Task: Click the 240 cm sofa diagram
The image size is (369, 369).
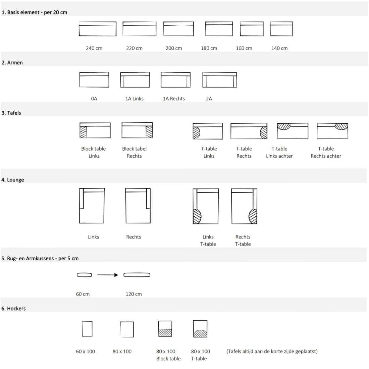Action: [x=97, y=29]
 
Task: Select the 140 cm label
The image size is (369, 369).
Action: [x=279, y=48]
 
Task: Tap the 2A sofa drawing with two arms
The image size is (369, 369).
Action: [x=220, y=80]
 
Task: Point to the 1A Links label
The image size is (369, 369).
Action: [x=135, y=99]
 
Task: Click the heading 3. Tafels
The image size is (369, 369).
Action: [x=11, y=113]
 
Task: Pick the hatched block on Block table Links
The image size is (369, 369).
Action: [x=83, y=132]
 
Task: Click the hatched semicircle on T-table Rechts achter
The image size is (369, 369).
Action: [x=341, y=126]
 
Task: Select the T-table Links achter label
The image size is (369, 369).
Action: [x=279, y=152]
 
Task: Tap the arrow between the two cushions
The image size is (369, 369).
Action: [x=108, y=275]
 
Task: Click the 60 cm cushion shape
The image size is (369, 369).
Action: [x=84, y=275]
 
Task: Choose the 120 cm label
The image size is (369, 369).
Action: [x=134, y=294]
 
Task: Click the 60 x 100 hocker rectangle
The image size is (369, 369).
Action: [x=87, y=329]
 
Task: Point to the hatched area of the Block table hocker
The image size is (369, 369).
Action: [x=165, y=333]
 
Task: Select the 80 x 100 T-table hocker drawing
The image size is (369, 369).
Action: [x=200, y=329]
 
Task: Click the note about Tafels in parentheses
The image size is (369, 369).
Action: [x=272, y=351]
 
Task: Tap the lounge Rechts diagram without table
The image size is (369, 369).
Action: [x=138, y=206]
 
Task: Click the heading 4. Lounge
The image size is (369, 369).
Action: [x=12, y=180]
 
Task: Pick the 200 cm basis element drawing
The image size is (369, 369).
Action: [x=178, y=29]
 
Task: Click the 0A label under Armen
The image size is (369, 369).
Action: [x=94, y=99]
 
